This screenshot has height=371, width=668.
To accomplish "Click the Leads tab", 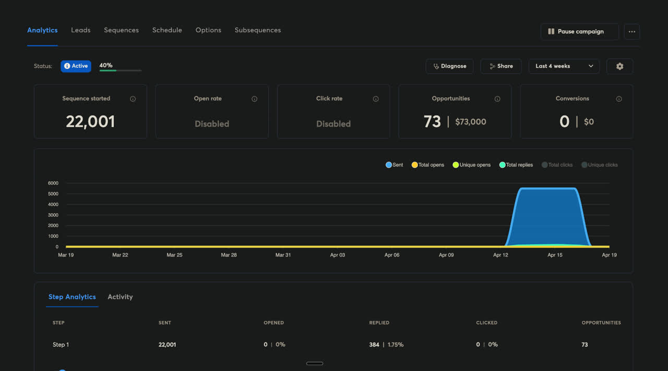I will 80,30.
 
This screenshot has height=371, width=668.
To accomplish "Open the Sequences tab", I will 121,30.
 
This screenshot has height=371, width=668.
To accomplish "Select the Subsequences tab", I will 257,30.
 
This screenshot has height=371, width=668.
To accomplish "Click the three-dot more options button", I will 631,32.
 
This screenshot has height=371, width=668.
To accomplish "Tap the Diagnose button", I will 449,66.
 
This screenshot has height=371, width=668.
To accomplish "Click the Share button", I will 500,66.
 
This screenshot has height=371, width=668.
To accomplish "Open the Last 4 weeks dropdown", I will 564,66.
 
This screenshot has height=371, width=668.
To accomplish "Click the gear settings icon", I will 619,66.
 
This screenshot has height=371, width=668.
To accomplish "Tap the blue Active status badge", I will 76,66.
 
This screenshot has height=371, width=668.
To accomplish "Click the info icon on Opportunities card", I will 497,99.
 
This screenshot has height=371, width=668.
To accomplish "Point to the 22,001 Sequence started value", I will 90,122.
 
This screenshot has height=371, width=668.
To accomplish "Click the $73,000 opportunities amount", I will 470,122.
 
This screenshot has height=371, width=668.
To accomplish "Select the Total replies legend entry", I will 516,165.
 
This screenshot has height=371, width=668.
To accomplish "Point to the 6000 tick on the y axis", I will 53,183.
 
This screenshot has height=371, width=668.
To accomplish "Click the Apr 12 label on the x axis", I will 500,255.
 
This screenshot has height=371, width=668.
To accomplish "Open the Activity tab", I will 120,297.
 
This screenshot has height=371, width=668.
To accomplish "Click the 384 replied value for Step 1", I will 374,344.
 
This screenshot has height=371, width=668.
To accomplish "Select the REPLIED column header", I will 379,323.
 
